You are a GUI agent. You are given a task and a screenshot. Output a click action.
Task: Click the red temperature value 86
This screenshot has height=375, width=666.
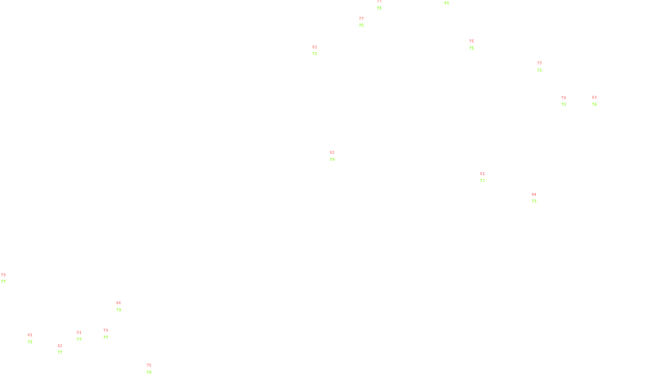click(119, 303)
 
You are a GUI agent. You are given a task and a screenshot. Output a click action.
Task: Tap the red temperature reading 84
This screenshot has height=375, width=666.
click(534, 195)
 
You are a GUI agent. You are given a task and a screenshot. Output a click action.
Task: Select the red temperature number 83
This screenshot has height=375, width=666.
click(594, 97)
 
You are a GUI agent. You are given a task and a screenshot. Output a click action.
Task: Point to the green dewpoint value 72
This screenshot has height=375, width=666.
click(315, 54)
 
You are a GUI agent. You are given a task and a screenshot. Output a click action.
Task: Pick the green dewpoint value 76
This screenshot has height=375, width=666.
click(594, 105)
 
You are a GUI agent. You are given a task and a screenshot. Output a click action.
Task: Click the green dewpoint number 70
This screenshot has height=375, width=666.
click(149, 372)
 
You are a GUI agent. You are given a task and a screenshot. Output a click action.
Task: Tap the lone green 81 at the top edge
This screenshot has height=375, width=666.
click(447, 3)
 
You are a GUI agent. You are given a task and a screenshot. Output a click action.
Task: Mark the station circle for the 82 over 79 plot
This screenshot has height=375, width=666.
click(336, 156)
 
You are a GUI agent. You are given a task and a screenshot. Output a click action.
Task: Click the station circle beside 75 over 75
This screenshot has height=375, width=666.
click(476, 45)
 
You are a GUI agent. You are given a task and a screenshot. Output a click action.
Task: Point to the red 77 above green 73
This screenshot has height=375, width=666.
click(539, 64)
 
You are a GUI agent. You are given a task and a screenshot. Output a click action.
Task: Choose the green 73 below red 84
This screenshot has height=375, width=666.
click(534, 201)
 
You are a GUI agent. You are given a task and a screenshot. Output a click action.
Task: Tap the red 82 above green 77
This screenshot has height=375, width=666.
click(60, 346)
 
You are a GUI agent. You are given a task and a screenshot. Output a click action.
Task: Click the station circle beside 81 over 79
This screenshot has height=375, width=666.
click(34, 338)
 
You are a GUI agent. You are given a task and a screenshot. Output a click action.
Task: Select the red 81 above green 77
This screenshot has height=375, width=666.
click(79, 332)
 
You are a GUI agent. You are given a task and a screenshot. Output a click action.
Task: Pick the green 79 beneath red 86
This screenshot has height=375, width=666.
click(119, 310)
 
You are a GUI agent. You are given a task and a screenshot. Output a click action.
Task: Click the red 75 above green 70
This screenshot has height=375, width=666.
click(149, 365)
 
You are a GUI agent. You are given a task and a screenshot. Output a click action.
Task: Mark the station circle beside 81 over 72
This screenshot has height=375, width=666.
click(319, 50)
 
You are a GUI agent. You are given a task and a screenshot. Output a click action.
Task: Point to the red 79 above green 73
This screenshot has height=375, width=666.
click(564, 98)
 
